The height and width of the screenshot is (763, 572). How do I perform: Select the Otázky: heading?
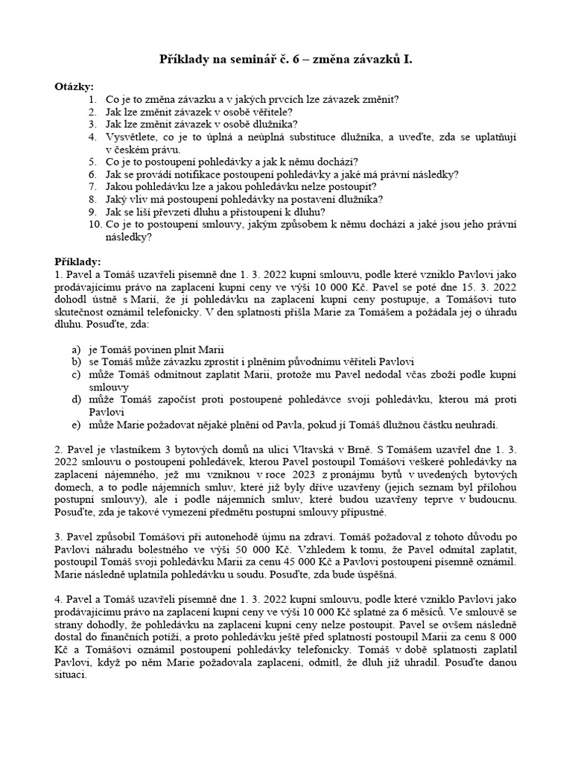73,86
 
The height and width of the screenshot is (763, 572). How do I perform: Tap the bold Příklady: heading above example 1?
77,262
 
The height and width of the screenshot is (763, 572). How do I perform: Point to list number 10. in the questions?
95,224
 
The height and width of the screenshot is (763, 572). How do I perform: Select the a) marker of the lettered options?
76,349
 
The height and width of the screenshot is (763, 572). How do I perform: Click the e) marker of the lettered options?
76,425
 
